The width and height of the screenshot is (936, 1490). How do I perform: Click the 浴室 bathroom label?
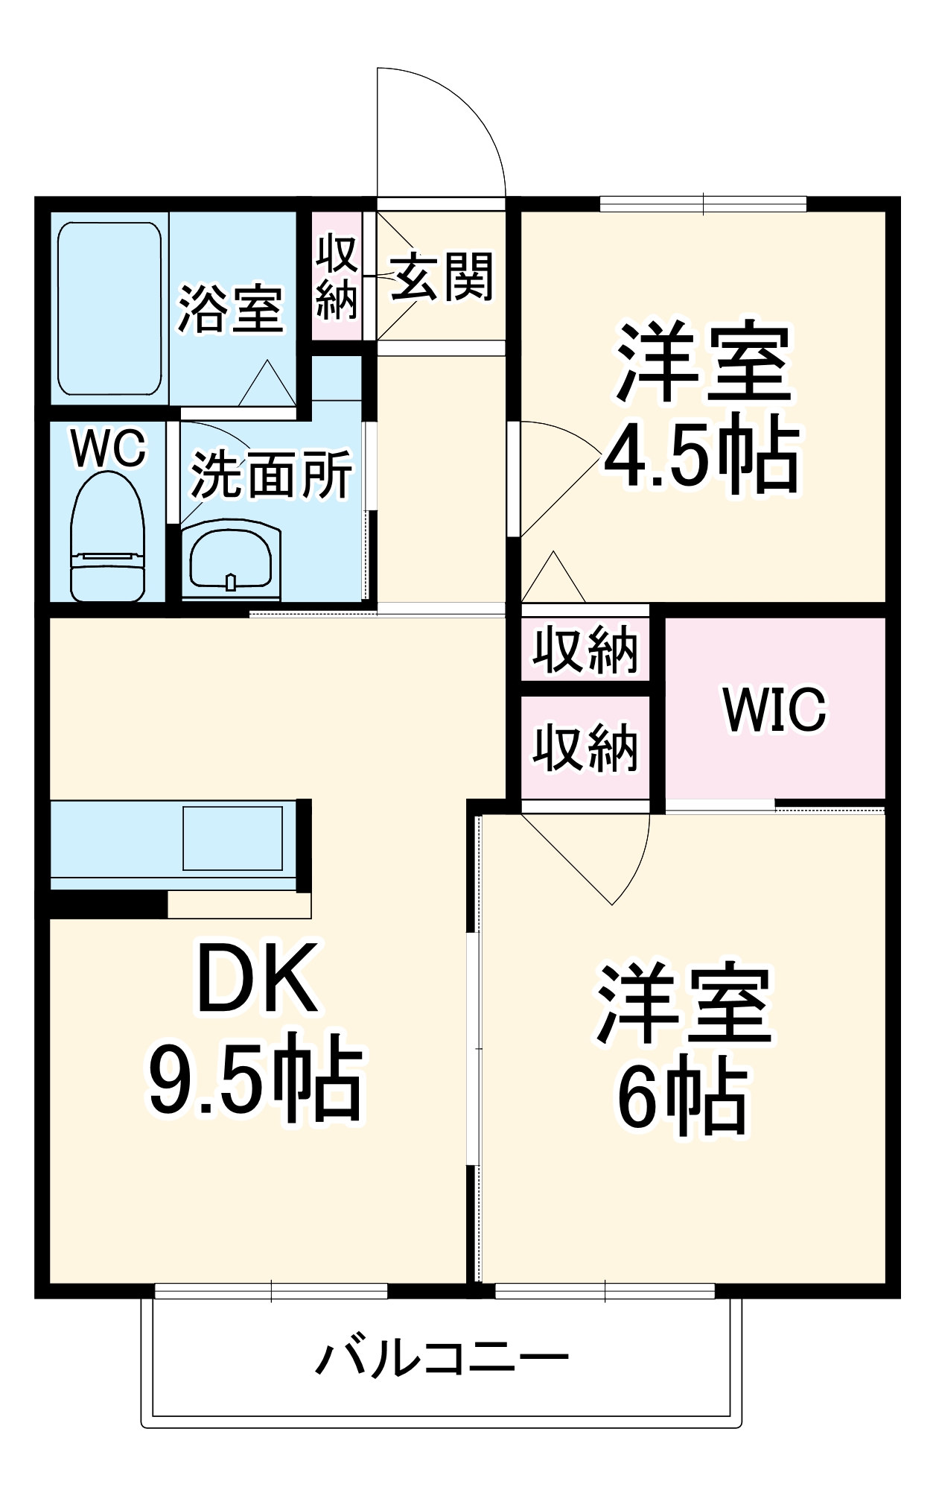[230, 308]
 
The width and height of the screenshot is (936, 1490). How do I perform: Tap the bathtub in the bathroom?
[109, 308]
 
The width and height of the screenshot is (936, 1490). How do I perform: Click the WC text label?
[109, 448]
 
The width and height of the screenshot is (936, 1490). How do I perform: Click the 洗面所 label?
[272, 475]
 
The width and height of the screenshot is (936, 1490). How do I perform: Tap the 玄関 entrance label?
[442, 277]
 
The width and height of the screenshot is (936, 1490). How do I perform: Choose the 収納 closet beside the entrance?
[336, 277]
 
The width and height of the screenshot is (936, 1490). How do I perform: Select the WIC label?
[774, 709]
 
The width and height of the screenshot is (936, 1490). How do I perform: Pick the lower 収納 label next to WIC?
[585, 747]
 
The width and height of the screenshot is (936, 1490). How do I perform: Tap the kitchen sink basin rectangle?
[232, 838]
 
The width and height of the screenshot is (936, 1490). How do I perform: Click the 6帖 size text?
[681, 1098]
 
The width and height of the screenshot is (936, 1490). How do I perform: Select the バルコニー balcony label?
[442, 1358]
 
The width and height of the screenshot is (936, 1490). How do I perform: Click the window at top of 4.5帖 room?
[703, 203]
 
